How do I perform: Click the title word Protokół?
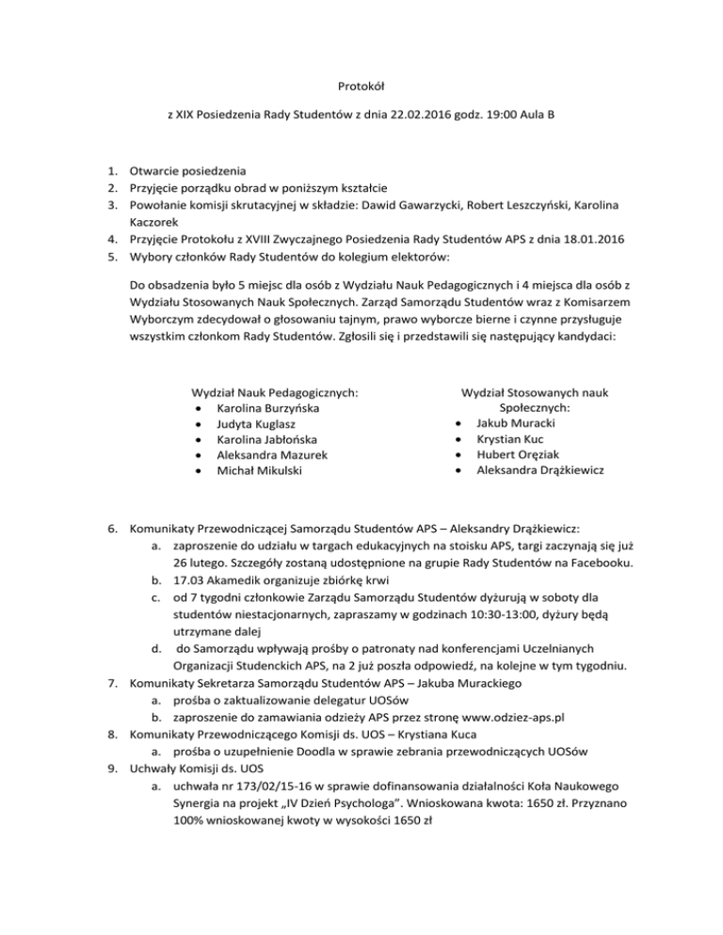[x=361, y=84]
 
